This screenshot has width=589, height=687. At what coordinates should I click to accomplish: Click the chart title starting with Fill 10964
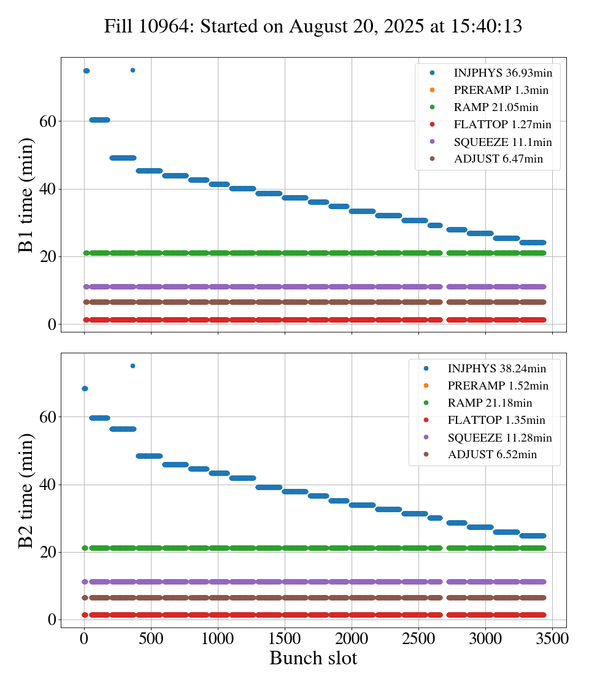(313, 26)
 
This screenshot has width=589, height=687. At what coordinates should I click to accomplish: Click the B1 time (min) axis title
(26, 195)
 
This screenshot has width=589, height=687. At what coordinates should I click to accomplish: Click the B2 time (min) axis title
(26, 490)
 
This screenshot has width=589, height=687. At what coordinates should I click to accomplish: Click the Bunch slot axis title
(313, 658)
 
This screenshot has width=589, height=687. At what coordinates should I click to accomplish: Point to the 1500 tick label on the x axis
(285, 638)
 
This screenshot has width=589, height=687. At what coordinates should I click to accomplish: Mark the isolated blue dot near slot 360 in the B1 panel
(133, 70)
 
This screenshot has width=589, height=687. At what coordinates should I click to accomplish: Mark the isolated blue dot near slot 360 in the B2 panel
(133, 366)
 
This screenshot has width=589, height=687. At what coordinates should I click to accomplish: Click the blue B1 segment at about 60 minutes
(99, 120)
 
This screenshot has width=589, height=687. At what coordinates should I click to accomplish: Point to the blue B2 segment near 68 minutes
(85, 388)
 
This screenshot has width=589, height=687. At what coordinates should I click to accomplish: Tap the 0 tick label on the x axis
(84, 638)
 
